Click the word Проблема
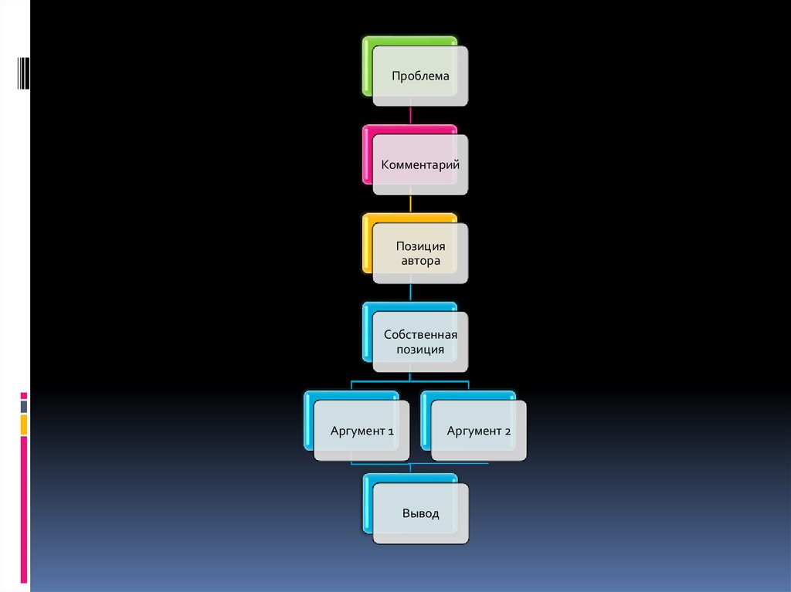click(420, 76)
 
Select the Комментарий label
click(420, 165)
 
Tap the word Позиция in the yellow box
click(420, 246)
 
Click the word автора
click(420, 261)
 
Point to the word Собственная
click(420, 334)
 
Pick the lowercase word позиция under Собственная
click(420, 350)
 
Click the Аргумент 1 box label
click(362, 431)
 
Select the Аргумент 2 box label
click(479, 431)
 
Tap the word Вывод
click(420, 513)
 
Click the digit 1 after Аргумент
click(390, 431)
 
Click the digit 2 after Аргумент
click(508, 431)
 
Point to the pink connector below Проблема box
click(410, 115)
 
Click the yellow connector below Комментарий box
click(410, 204)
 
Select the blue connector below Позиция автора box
click(410, 293)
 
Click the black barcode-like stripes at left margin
click(24, 73)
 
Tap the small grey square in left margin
click(24, 407)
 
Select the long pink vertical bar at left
click(24, 510)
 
